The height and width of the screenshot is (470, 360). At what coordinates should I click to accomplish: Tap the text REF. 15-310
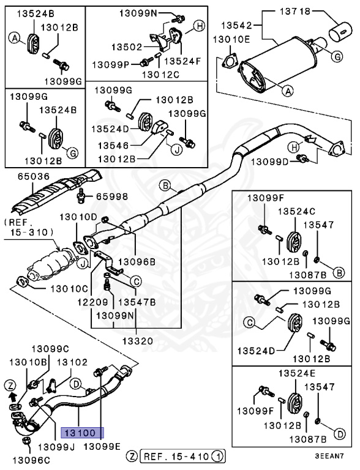[x=29, y=228]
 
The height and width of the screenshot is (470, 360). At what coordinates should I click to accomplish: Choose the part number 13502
[x=126, y=47]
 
